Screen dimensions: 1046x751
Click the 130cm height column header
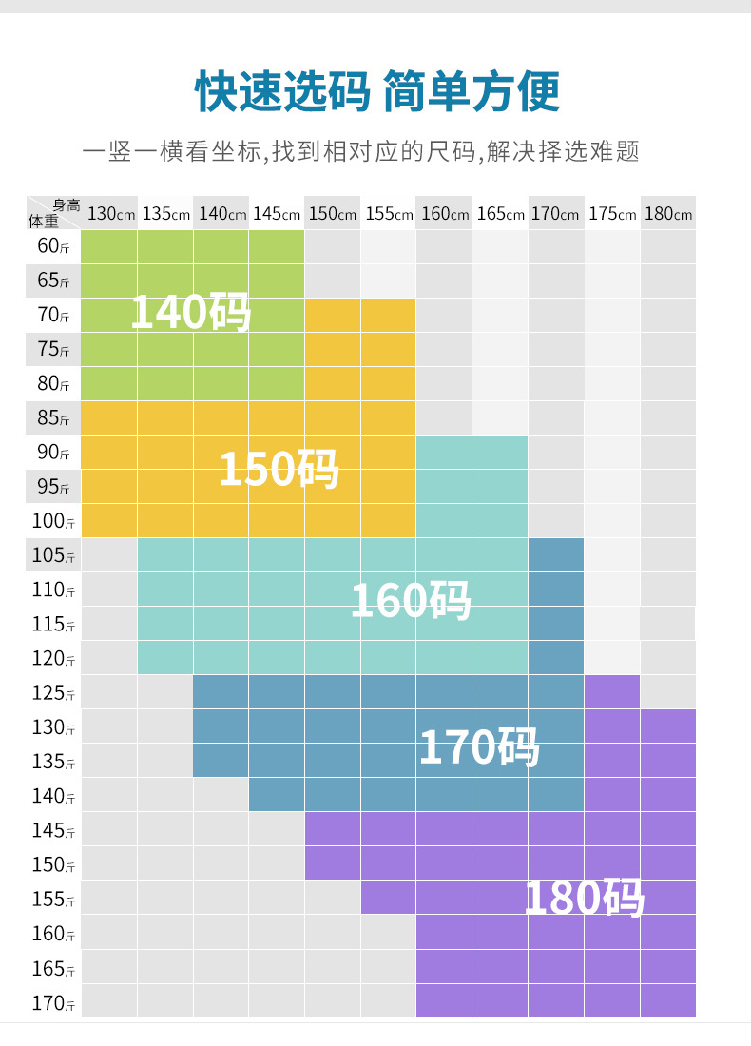click(x=110, y=213)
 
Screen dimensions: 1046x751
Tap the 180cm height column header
click(x=668, y=213)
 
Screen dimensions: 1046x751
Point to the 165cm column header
click(x=500, y=213)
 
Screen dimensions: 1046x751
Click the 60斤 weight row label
click(x=53, y=246)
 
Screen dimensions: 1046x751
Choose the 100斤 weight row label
click(x=53, y=521)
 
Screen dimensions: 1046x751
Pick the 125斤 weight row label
click(x=53, y=692)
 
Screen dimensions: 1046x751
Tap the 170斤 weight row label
click(x=53, y=1002)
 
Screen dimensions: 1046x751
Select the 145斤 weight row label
click(x=53, y=830)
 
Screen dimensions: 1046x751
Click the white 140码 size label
click(x=190, y=311)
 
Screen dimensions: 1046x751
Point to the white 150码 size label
click(x=279, y=468)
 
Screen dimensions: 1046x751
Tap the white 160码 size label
click(x=411, y=600)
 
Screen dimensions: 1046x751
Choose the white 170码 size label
click(x=479, y=747)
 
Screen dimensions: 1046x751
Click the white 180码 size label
click(x=585, y=898)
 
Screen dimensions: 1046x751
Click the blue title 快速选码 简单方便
click(x=376, y=92)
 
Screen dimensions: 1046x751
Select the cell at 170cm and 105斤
click(x=556, y=555)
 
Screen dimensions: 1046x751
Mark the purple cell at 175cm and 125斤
click(x=612, y=692)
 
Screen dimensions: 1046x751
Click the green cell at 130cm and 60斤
click(x=109, y=246)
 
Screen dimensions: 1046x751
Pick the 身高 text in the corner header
click(x=66, y=204)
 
